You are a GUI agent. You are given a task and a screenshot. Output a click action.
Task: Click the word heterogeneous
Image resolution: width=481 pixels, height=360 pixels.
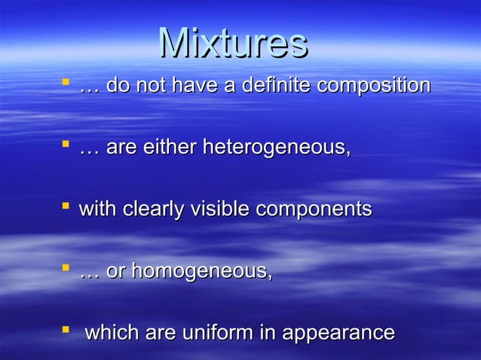pos(274,148)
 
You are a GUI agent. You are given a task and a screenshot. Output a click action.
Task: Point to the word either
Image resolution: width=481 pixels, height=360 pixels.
pos(165,148)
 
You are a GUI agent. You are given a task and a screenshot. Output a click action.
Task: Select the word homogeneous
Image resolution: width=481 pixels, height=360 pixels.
pos(201,271)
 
